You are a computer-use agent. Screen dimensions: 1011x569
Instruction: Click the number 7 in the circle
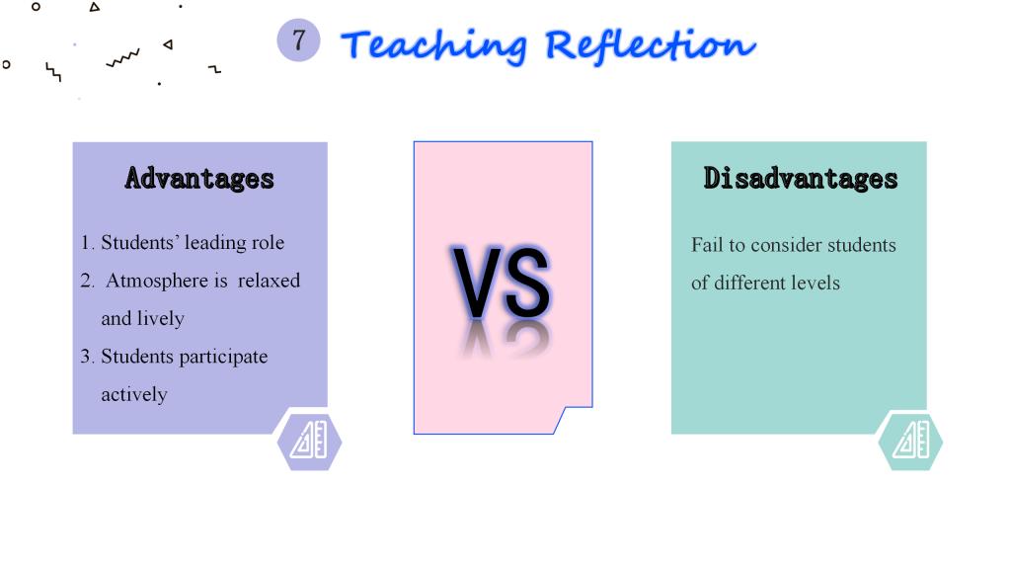(298, 40)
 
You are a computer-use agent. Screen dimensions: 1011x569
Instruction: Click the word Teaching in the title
(434, 46)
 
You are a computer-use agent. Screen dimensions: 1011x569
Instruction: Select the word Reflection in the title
(650, 45)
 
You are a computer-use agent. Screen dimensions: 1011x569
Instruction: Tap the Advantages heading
(199, 179)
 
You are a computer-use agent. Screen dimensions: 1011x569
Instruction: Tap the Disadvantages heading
(800, 179)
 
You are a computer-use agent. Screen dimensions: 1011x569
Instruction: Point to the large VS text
(501, 282)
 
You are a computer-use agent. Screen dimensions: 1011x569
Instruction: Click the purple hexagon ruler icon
(309, 442)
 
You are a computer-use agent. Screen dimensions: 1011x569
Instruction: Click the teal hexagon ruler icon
(910, 442)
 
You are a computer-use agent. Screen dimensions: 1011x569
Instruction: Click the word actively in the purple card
(134, 395)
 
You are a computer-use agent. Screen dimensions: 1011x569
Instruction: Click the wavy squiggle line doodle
(122, 58)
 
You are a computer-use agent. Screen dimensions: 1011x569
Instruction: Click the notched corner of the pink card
(565, 408)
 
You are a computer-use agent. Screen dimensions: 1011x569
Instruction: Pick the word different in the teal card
(749, 283)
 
